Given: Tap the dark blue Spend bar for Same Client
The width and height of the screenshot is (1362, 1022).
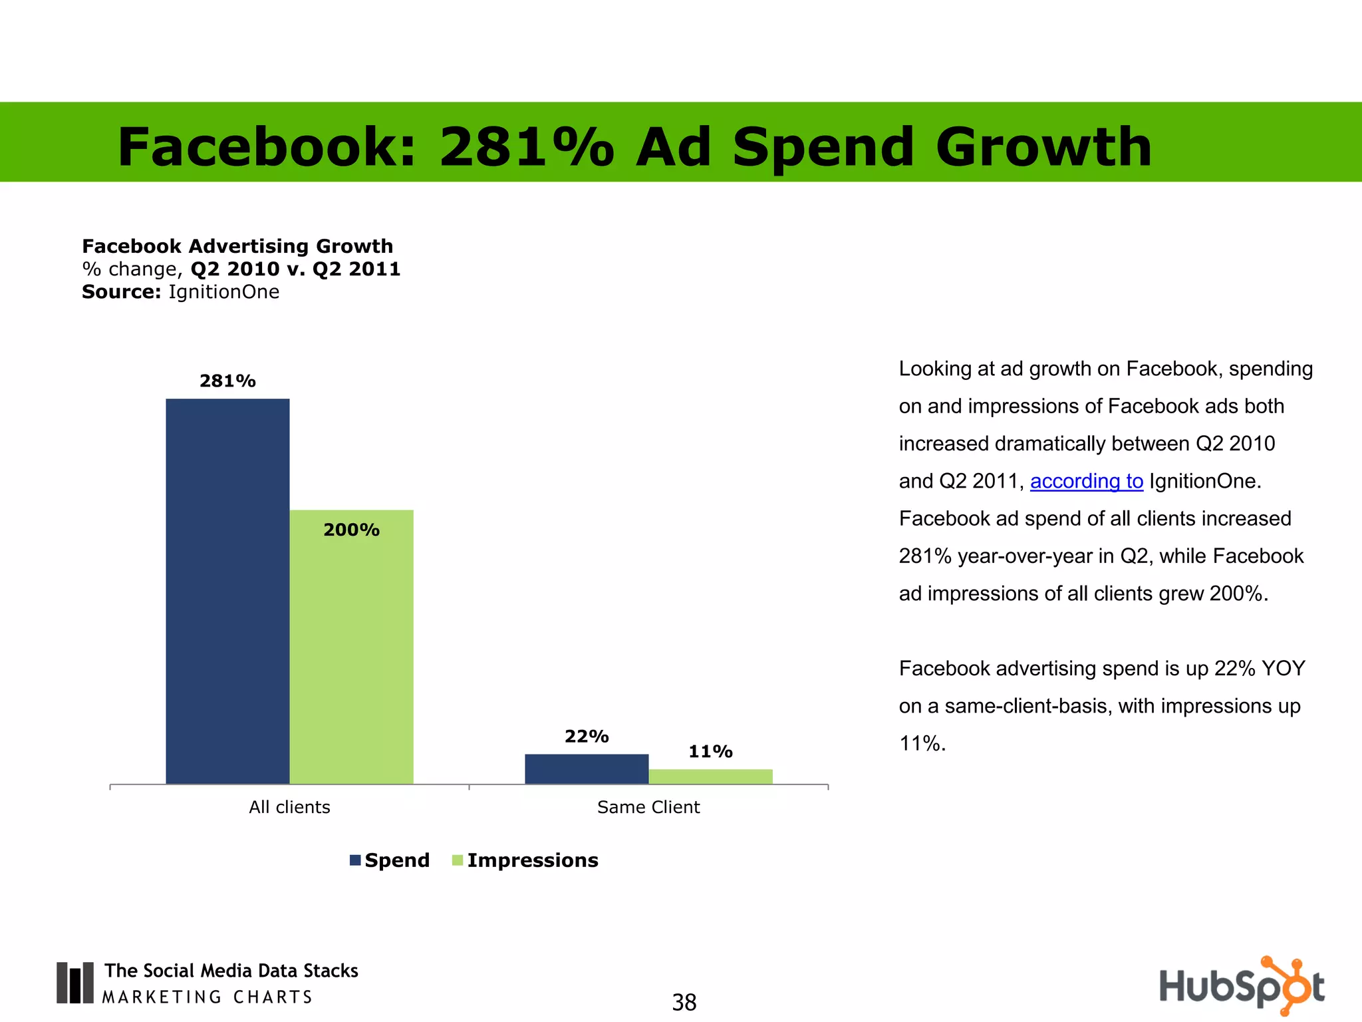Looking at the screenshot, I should tap(587, 768).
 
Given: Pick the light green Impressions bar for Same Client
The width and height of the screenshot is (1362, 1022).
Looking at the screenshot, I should tap(710, 776).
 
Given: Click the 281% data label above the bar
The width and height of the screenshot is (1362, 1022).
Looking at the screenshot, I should tap(227, 381).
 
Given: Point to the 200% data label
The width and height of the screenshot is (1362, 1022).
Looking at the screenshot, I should tap(351, 530).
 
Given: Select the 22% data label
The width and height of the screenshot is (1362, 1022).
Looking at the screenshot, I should tap(587, 736).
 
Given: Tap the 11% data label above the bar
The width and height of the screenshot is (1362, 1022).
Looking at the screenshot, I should tap(710, 751).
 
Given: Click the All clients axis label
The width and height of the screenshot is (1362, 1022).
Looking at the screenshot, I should tap(289, 807).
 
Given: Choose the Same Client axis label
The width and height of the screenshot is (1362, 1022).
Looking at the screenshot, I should tap(648, 807).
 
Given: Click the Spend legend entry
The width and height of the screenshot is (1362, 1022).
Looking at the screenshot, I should tap(390, 860).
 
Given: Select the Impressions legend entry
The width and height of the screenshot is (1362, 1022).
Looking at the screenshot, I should tap(525, 860).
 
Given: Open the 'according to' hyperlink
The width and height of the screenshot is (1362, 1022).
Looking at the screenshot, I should tap(1086, 481).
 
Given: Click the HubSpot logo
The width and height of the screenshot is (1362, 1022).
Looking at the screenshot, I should tap(1241, 986).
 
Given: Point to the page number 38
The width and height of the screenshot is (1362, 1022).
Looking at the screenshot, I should tap(684, 1002).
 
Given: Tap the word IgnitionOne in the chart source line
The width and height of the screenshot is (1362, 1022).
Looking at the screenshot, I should tap(223, 292).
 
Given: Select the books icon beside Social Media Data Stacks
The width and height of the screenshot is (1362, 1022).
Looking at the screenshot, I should tap(74, 983).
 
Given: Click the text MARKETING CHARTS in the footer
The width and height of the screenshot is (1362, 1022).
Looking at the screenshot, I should tap(207, 997).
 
